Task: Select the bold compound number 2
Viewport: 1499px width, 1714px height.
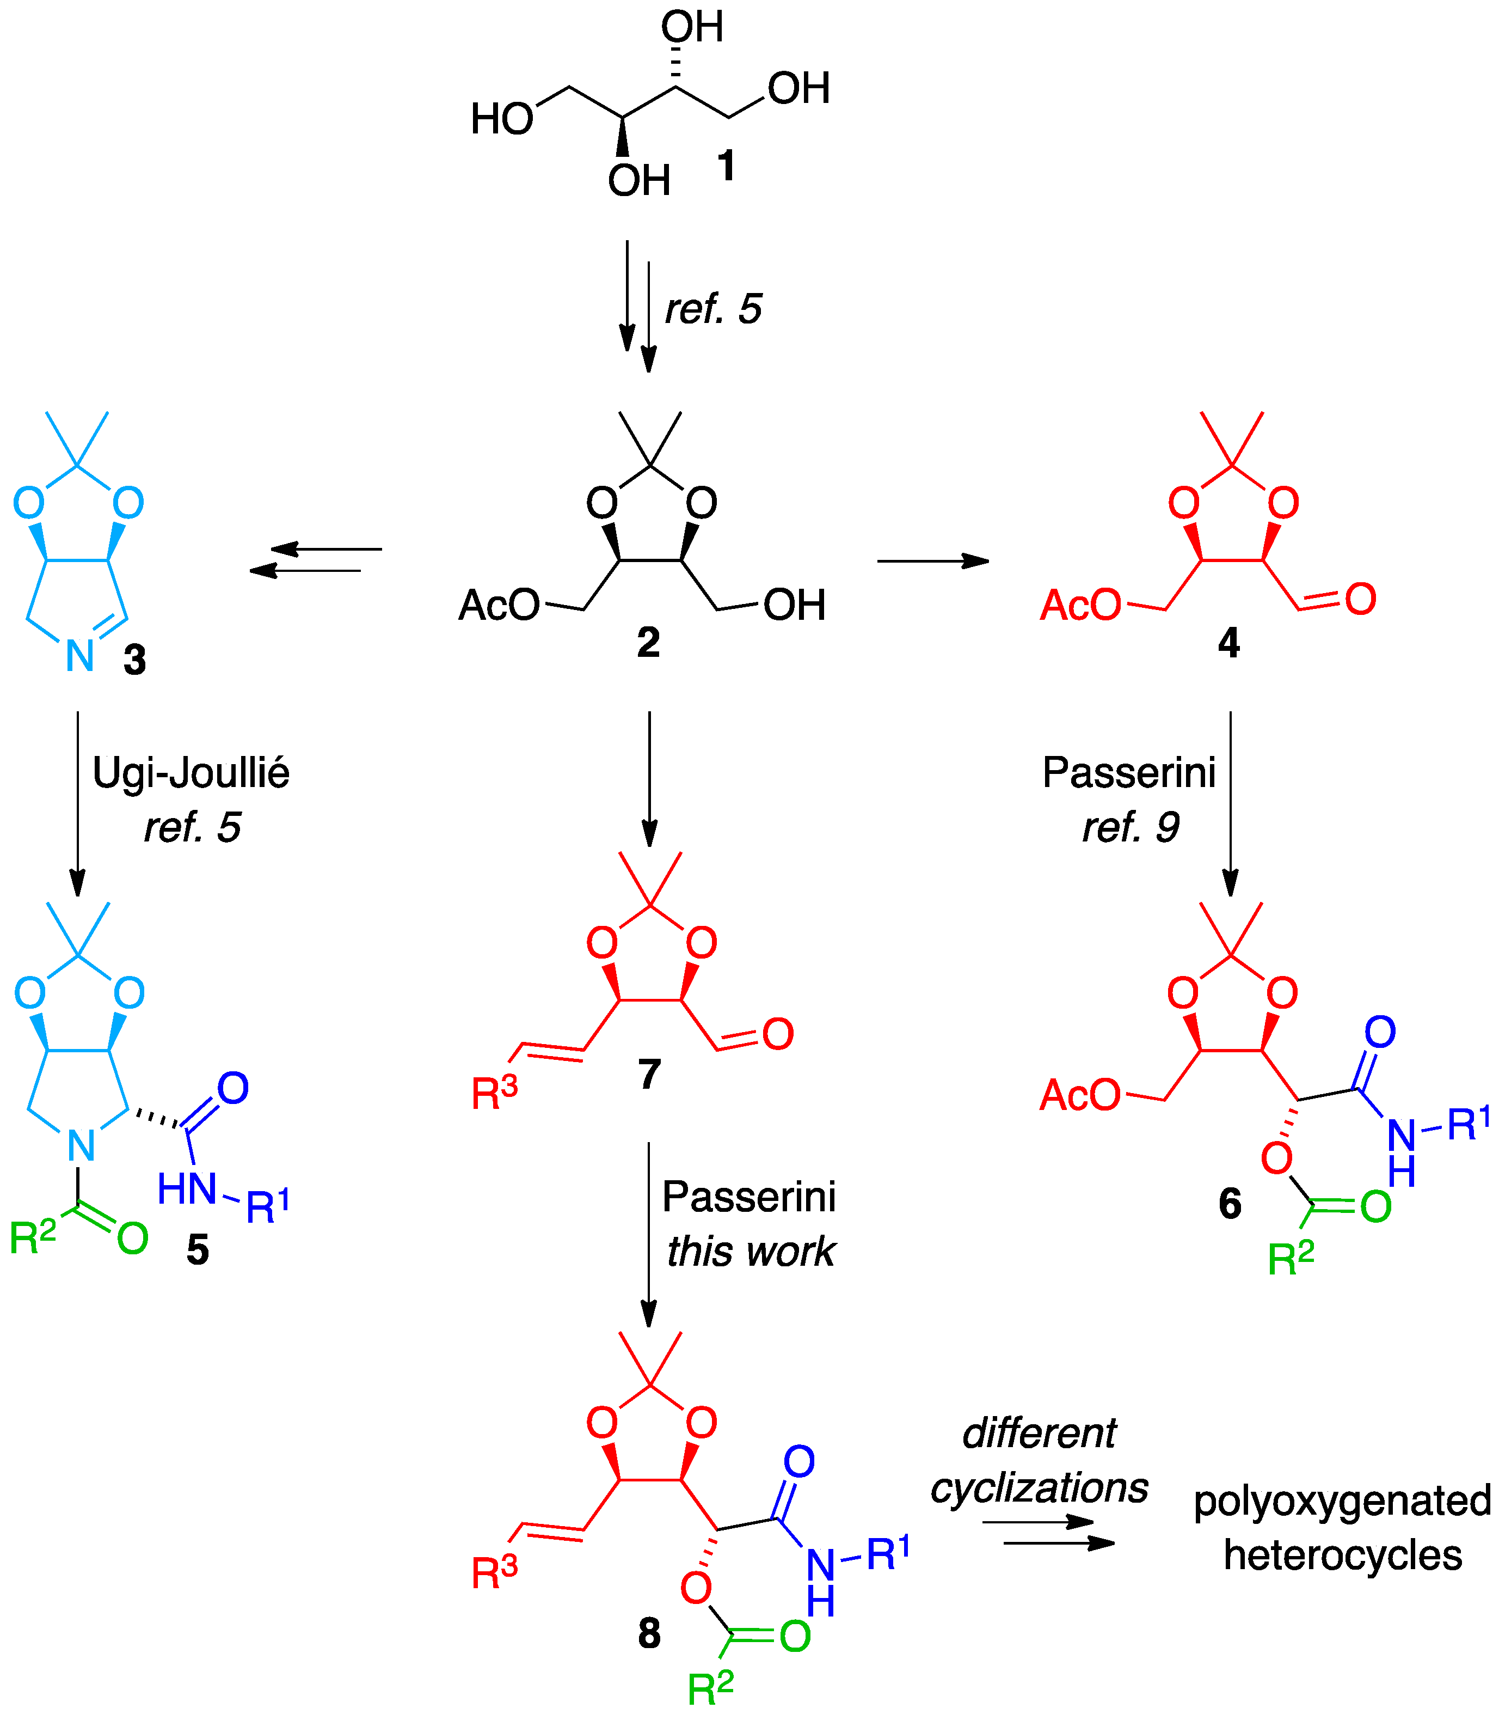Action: [648, 643]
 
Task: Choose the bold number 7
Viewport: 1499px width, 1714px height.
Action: [649, 1073]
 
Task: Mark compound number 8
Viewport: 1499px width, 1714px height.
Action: [649, 1633]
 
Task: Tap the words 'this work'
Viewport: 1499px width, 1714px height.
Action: [751, 1251]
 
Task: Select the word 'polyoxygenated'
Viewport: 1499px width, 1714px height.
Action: [1342, 1500]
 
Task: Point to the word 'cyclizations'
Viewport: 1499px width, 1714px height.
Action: [1039, 1488]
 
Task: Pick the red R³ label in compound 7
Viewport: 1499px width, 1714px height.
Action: [494, 1092]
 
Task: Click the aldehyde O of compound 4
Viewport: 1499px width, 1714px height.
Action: [1360, 599]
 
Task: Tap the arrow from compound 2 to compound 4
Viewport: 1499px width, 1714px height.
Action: [933, 561]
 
